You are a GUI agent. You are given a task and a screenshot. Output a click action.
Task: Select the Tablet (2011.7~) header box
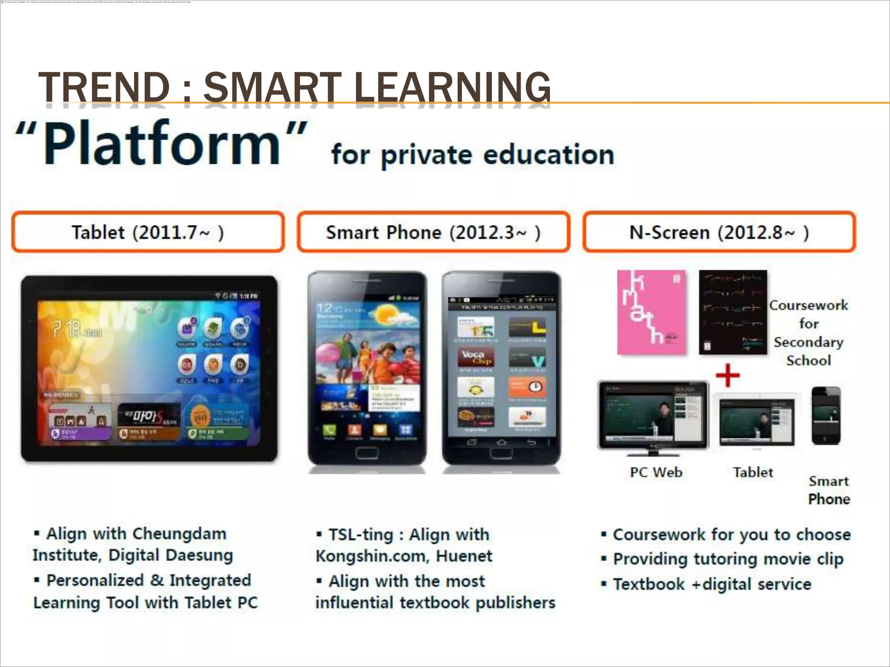(148, 232)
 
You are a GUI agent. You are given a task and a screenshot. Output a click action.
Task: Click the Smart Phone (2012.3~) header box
(433, 232)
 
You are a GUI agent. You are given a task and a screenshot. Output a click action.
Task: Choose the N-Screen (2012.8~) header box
(719, 232)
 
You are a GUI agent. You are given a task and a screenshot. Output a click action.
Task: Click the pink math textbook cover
(652, 312)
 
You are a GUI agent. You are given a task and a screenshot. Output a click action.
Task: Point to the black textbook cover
(733, 312)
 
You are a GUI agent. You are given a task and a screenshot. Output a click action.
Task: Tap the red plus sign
(727, 375)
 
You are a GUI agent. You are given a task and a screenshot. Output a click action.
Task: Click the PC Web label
(656, 472)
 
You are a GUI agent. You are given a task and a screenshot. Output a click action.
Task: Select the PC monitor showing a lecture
(653, 415)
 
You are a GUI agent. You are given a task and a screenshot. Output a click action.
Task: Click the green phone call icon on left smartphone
(329, 430)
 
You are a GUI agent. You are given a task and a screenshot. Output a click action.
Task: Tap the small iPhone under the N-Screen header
(826, 416)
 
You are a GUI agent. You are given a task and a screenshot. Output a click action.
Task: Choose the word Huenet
(464, 556)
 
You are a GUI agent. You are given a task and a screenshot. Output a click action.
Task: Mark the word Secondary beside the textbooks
(808, 342)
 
